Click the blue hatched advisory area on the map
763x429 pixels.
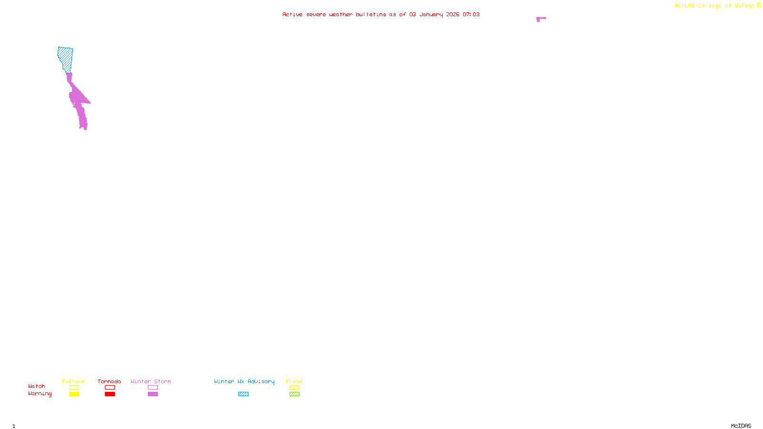coord(66,59)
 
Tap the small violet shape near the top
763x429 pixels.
coord(540,19)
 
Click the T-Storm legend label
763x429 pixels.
coord(73,381)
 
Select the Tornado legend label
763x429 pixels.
coord(109,381)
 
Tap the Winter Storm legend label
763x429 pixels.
coord(151,381)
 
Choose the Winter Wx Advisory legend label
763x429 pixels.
coord(244,381)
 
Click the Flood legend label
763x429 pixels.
coord(294,381)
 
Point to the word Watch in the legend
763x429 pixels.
coord(37,386)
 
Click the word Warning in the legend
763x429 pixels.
coord(40,394)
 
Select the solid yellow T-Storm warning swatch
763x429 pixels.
coord(74,394)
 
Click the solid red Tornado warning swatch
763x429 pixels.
coord(110,394)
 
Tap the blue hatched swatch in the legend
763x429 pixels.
coord(243,394)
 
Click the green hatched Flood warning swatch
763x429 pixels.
coord(294,394)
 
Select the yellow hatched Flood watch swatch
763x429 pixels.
coord(294,388)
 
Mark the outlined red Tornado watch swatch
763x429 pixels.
coord(110,388)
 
